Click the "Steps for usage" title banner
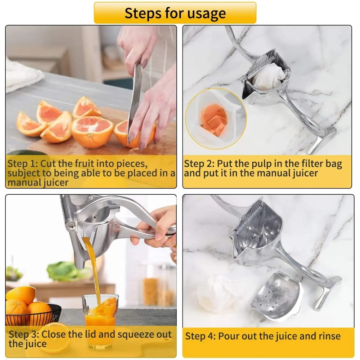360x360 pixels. [175, 13]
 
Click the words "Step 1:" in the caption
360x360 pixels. [22, 164]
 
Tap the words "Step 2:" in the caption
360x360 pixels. [199, 164]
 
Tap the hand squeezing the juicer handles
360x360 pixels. [158, 230]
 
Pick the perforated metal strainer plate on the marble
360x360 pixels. [277, 295]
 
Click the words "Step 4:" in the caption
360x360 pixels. [201, 336]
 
